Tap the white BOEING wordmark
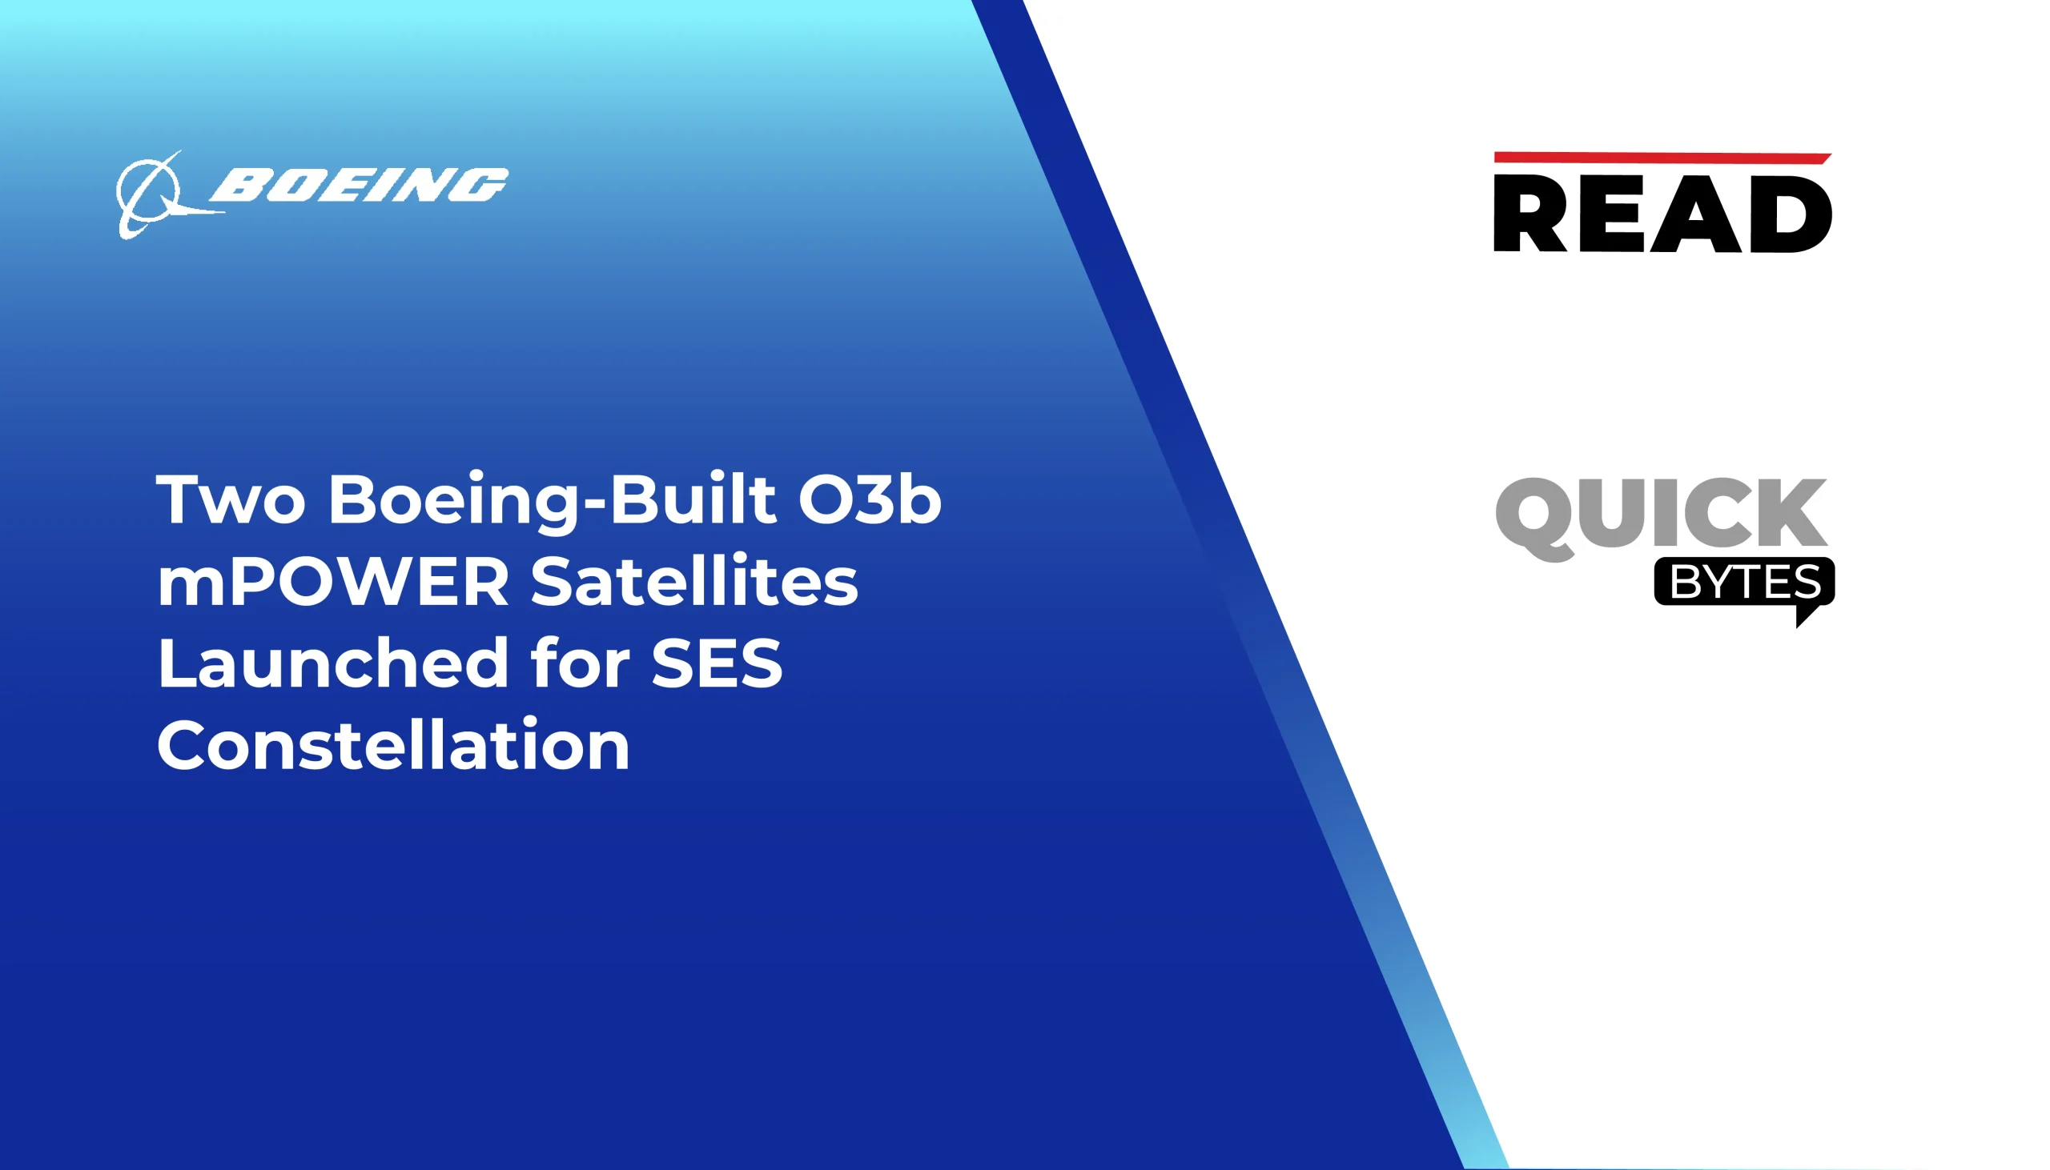click(359, 185)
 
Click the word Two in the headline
click(231, 500)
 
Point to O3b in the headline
click(869, 500)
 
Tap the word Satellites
click(694, 582)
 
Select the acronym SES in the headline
click(716, 663)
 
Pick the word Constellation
click(393, 746)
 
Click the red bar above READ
click(1661, 158)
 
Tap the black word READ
click(1662, 213)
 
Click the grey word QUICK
click(1661, 515)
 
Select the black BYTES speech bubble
click(1744, 582)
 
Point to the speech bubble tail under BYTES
click(1805, 615)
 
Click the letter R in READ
click(1528, 214)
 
